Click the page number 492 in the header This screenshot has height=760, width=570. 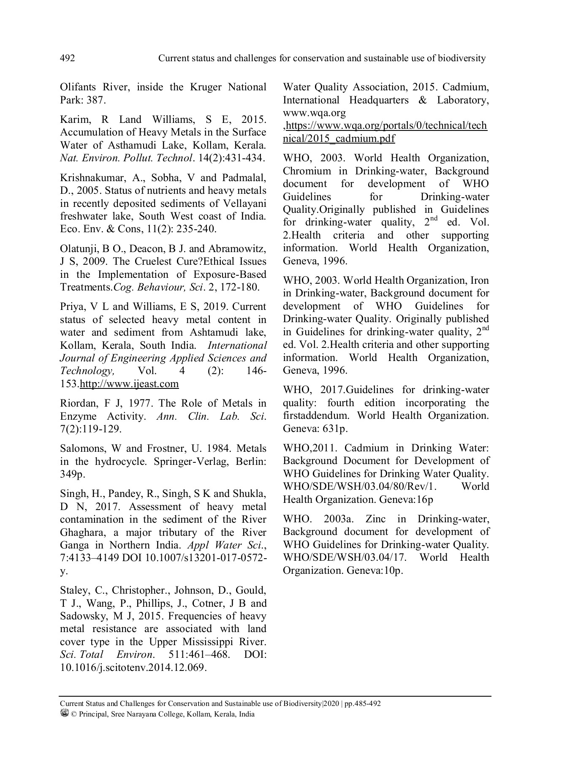(68, 58)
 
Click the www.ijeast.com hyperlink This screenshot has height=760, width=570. (129, 384)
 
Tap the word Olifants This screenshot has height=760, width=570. (78, 87)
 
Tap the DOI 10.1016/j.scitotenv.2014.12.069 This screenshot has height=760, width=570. (133, 668)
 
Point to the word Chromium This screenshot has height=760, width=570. (307, 171)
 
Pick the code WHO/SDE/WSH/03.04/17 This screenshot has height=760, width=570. (345, 557)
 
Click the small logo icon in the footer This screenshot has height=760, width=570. (65, 713)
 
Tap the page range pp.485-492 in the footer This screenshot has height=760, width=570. (363, 703)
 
